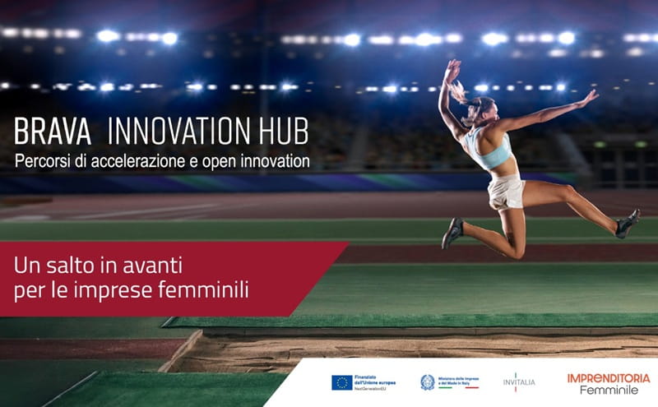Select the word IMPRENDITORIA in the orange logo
pos(609,377)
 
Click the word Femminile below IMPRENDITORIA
pos(609,389)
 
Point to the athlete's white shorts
pos(506,192)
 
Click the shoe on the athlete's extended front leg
pos(628,223)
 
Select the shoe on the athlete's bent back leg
pos(452,233)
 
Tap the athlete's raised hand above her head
pos(452,68)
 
